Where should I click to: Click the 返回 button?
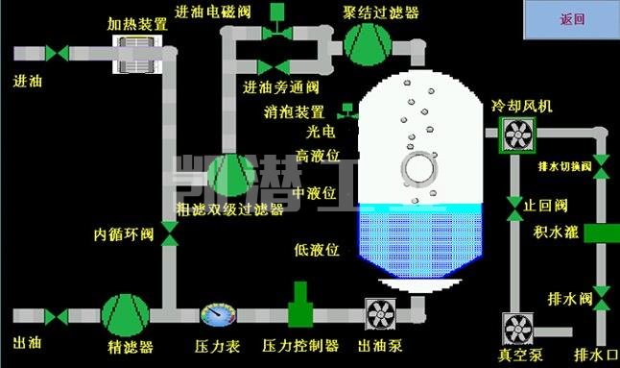click(571, 19)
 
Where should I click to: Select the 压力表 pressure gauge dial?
click(216, 313)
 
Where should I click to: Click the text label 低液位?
click(317, 250)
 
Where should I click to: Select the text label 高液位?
click(317, 155)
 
